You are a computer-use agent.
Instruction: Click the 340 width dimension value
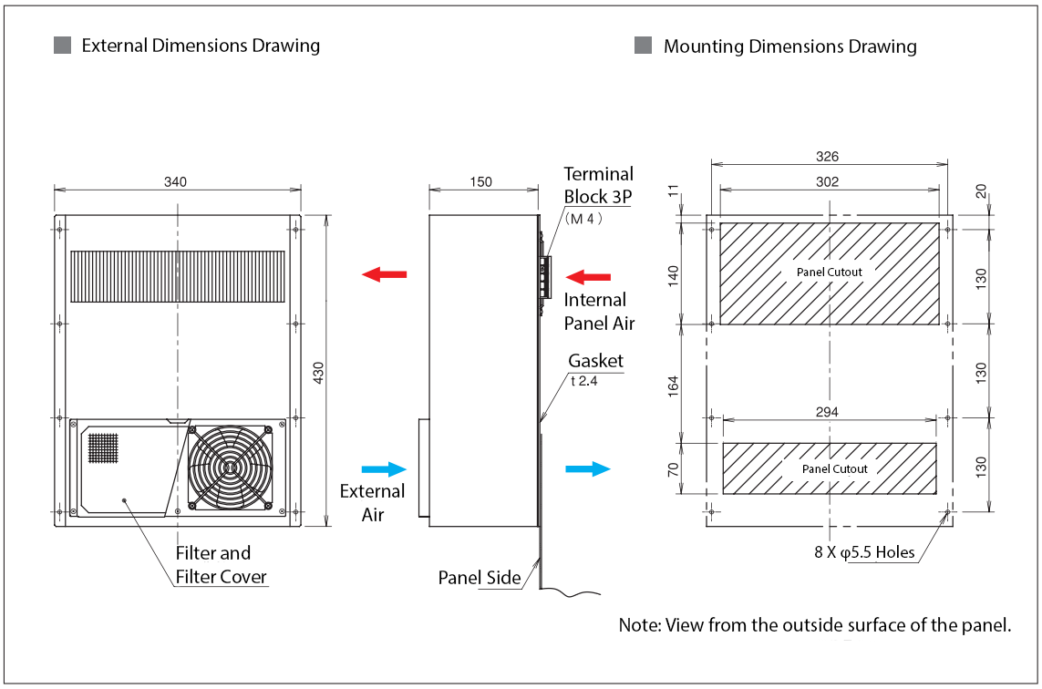click(x=175, y=181)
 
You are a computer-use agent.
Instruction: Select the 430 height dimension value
click(x=319, y=371)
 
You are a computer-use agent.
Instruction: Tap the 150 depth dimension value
click(x=480, y=181)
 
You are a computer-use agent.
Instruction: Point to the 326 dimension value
click(x=828, y=157)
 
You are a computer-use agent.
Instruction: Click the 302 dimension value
click(x=828, y=181)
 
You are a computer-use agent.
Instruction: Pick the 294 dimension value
click(x=828, y=412)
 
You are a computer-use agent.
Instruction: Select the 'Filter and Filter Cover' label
click(x=212, y=564)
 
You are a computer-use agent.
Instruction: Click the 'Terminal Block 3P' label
click(x=598, y=185)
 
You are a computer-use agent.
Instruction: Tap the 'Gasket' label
click(x=596, y=361)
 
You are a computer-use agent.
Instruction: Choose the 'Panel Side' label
click(x=480, y=577)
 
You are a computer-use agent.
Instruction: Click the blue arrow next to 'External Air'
click(x=384, y=468)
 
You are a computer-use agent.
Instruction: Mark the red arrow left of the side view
click(x=384, y=274)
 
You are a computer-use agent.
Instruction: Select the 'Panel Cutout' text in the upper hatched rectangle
click(x=829, y=272)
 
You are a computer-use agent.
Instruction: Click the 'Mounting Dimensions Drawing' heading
click(x=789, y=46)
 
